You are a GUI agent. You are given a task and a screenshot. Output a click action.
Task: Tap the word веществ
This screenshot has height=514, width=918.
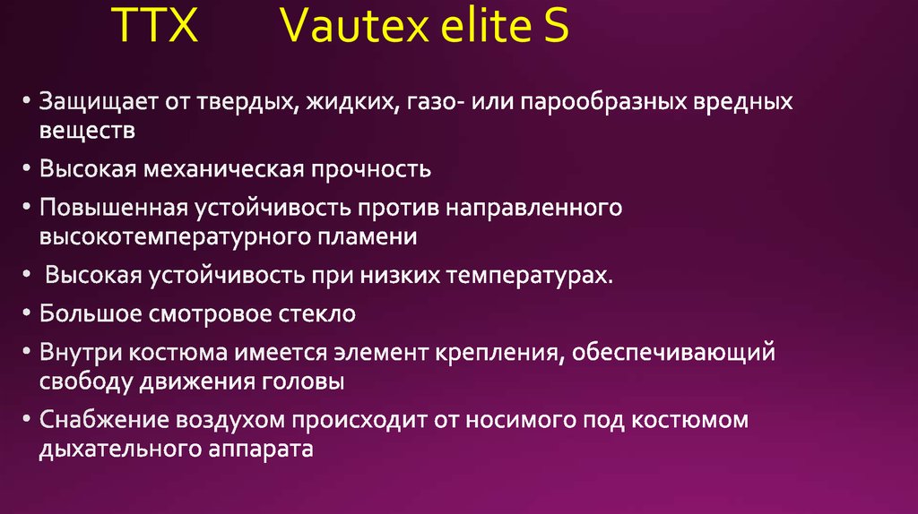click(87, 132)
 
